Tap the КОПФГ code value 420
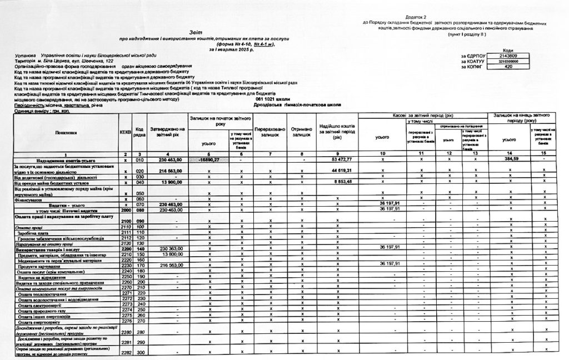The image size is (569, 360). click(x=509, y=67)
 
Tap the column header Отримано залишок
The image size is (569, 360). click(x=302, y=132)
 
